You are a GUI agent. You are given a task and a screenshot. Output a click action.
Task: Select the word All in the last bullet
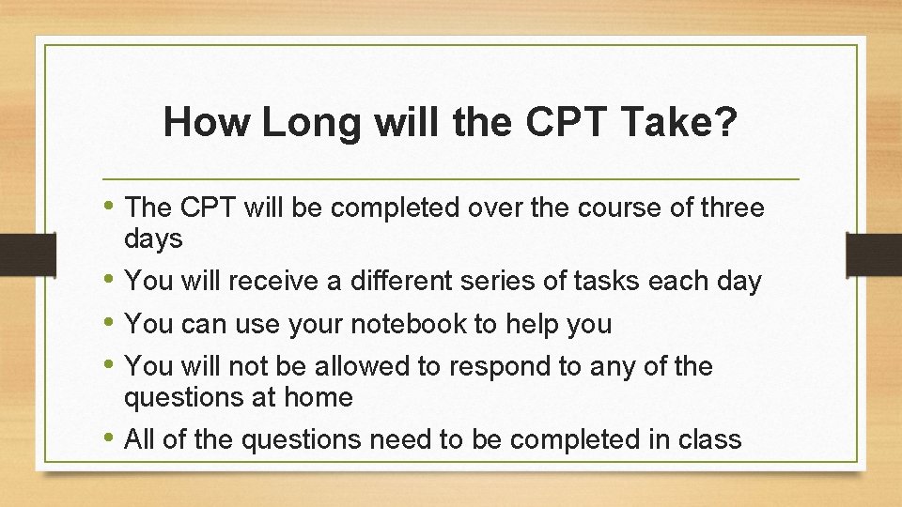pos(140,438)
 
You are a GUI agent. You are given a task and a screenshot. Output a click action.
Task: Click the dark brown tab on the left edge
pos(17,254)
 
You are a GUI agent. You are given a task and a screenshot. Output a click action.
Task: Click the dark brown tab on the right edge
pos(874,254)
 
